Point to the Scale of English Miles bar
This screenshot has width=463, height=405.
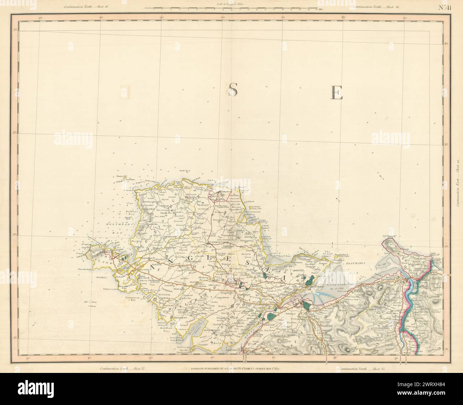tap(231, 8)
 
